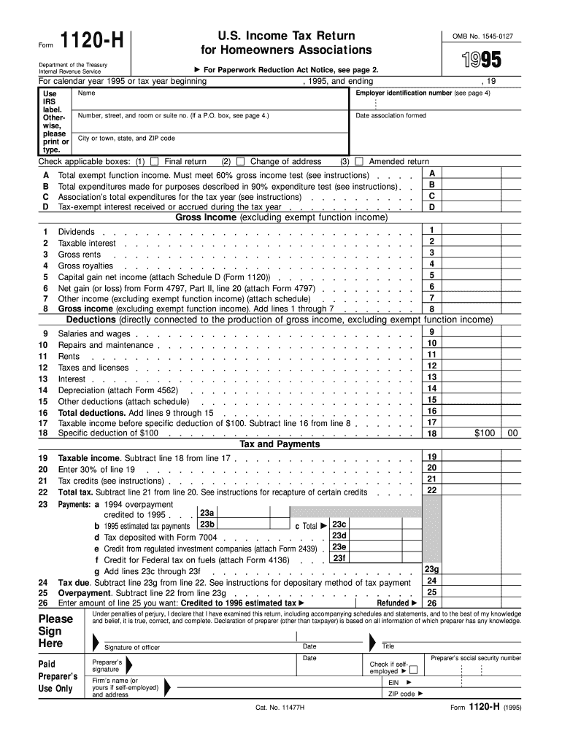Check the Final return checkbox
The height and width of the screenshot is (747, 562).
click(154, 161)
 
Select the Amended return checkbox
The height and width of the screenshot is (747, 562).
click(358, 161)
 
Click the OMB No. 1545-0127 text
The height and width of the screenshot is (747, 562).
click(487, 36)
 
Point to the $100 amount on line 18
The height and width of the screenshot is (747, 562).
click(485, 433)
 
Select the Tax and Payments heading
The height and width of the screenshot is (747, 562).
click(280, 444)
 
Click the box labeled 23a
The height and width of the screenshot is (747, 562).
click(207, 514)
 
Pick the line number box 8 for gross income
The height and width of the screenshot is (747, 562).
click(432, 309)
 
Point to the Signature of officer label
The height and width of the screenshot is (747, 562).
click(132, 648)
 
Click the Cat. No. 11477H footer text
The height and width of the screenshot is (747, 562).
click(280, 708)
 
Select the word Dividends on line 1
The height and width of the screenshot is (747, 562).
click(76, 232)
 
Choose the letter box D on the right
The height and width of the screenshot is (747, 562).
click(432, 207)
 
